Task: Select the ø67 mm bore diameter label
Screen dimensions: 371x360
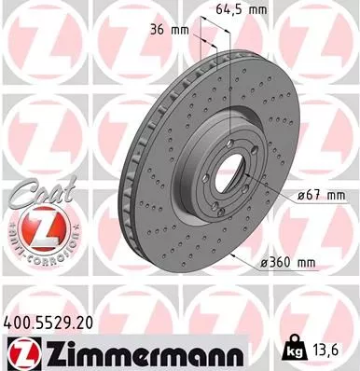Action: point(318,194)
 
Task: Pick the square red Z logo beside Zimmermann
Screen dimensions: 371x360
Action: point(19,352)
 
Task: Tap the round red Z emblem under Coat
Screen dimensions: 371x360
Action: point(32,227)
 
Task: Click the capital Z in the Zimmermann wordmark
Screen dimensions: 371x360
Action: point(46,352)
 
